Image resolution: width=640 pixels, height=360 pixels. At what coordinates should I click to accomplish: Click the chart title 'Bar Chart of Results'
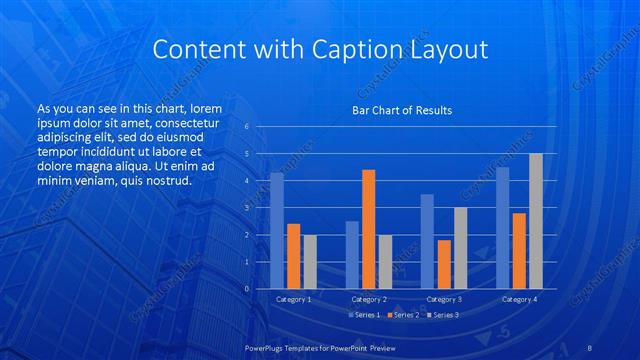(400, 110)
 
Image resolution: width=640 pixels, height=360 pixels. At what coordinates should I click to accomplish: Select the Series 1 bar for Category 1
(277, 231)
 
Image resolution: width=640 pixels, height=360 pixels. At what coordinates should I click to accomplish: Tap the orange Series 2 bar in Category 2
(368, 229)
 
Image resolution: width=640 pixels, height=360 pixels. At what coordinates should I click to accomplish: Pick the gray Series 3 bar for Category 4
(536, 221)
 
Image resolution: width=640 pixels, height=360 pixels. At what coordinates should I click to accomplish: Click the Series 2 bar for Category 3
(444, 264)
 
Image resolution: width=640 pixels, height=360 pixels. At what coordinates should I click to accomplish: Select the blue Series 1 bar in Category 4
(502, 228)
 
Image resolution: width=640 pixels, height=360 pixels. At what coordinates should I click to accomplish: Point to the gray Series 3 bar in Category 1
(310, 262)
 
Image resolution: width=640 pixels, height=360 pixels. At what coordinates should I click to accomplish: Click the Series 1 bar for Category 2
(352, 255)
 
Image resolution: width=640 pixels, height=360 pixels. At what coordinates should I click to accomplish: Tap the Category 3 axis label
(444, 299)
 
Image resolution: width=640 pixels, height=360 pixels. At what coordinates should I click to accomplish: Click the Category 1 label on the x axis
(293, 299)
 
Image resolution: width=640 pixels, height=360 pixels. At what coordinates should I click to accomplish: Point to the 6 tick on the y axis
(247, 127)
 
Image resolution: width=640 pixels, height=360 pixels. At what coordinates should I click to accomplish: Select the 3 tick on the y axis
(247, 208)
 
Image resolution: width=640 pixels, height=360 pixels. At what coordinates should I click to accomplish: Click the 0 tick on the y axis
(247, 289)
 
